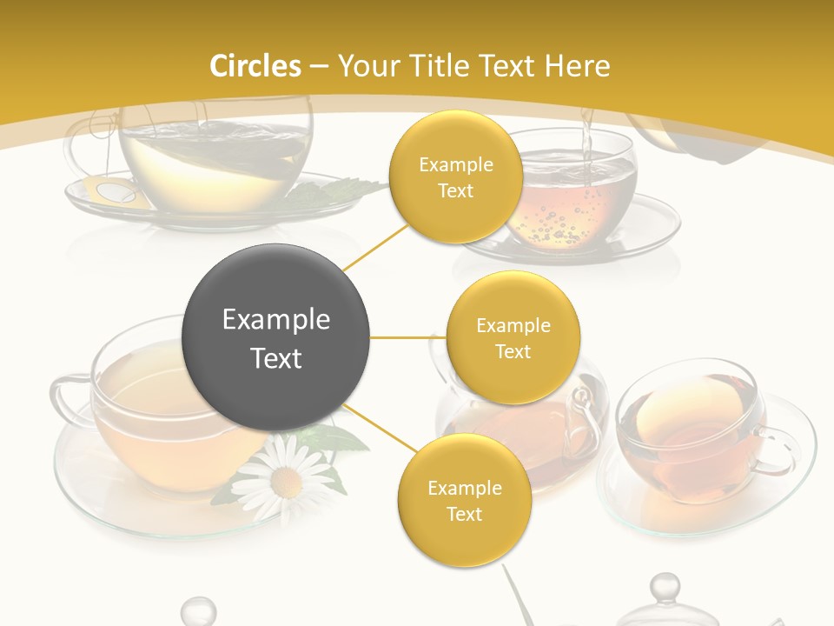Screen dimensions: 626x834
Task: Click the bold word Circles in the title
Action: click(255, 65)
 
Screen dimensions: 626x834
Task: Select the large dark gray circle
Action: click(276, 337)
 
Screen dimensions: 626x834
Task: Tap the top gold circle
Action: click(455, 176)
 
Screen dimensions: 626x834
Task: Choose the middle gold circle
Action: click(513, 337)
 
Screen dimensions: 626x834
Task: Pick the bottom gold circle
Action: click(464, 500)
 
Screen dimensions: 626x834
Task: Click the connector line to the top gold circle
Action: click(375, 247)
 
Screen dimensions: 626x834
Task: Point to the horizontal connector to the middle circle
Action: click(407, 337)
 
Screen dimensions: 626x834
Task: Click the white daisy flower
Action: click(283, 473)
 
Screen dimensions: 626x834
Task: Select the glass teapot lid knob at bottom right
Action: click(665, 587)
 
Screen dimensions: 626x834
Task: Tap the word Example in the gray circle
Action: click(276, 320)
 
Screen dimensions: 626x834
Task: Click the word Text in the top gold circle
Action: click(455, 190)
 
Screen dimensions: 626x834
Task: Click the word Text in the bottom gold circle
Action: click(464, 514)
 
